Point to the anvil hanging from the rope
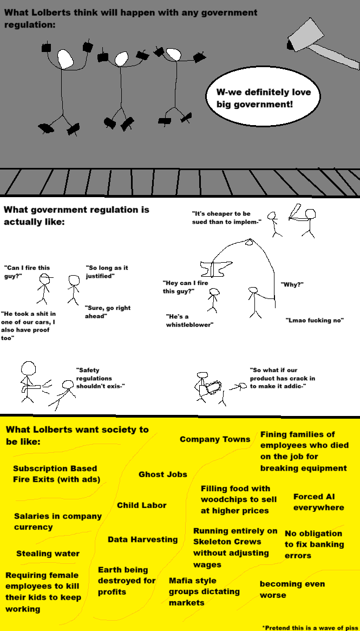(x=216, y=269)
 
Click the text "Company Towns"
(x=215, y=439)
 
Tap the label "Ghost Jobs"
(x=163, y=474)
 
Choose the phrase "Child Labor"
(x=142, y=505)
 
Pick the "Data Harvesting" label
(x=143, y=539)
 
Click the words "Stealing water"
(x=48, y=554)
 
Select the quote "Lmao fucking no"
(x=315, y=320)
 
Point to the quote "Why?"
(x=292, y=284)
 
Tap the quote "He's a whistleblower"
(x=189, y=320)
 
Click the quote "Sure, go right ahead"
(x=108, y=312)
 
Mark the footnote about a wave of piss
(x=310, y=627)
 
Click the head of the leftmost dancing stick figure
(x=65, y=58)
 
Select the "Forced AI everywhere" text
(x=318, y=502)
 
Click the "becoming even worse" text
(x=292, y=589)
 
